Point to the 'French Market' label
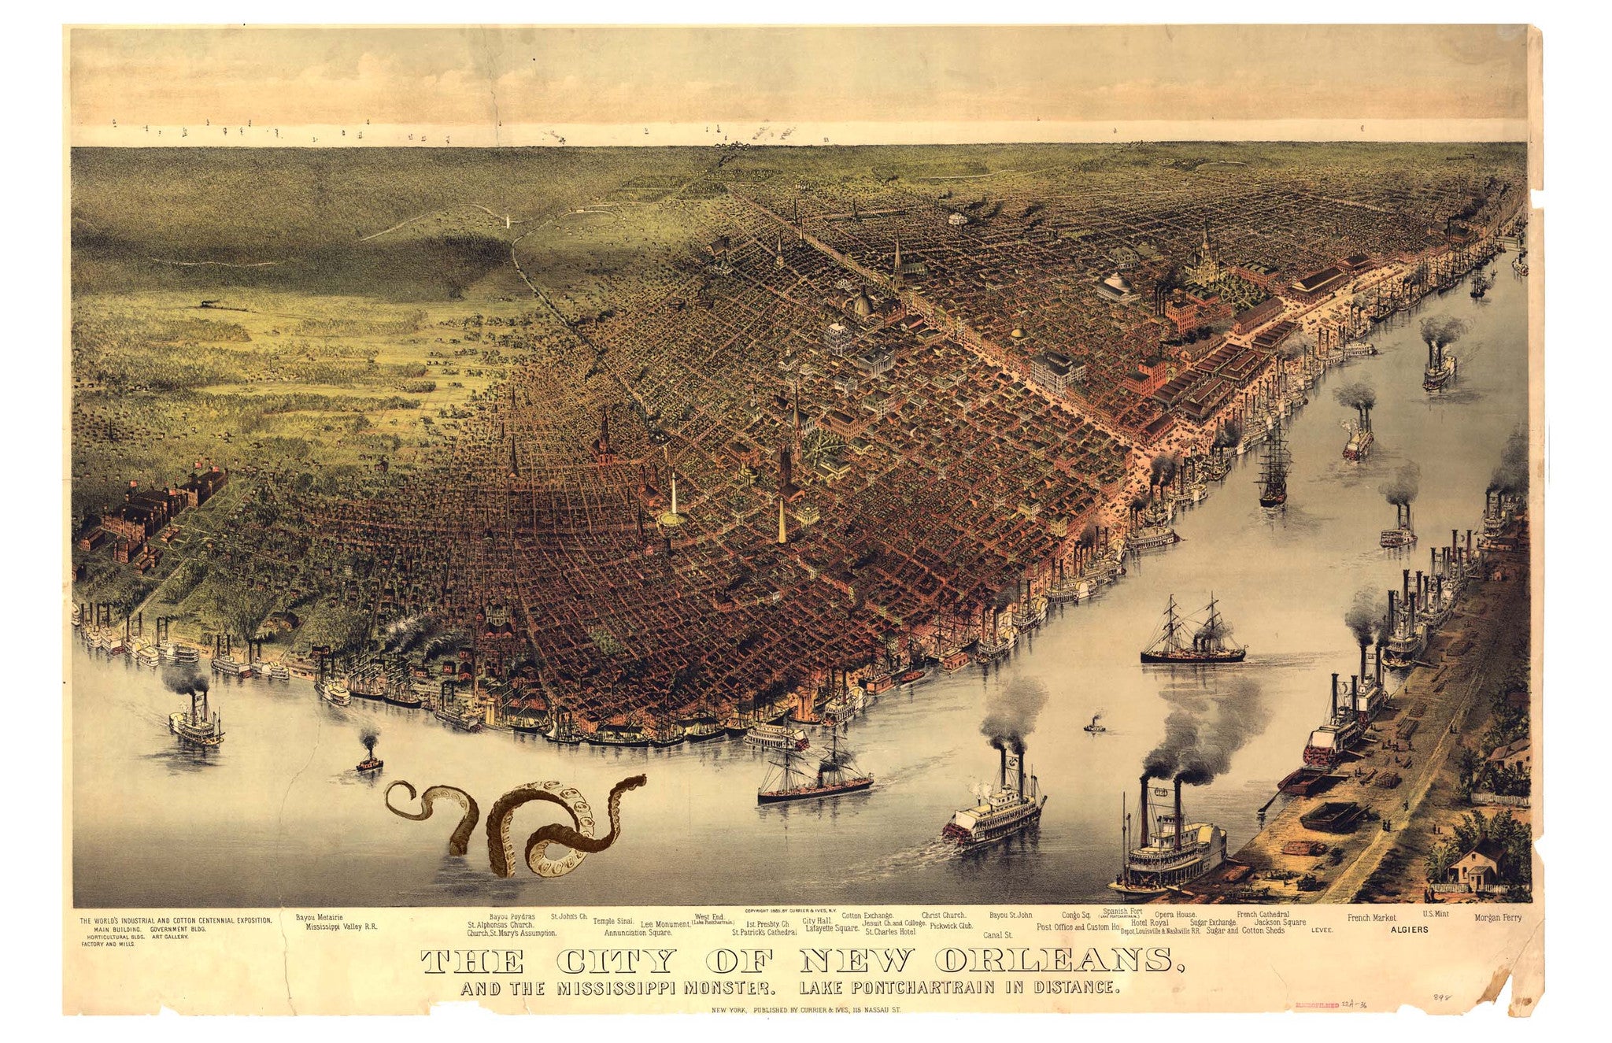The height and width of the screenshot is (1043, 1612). [1371, 918]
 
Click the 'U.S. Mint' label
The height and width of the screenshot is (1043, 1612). [1435, 914]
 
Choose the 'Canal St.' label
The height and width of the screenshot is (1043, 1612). [998, 936]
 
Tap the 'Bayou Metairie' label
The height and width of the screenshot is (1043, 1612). [319, 917]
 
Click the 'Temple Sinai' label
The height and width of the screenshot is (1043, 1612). [613, 920]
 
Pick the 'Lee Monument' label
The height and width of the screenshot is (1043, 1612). [665, 924]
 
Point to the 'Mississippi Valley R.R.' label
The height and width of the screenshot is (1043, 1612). [342, 927]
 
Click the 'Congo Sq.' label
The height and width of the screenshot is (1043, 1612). [1075, 915]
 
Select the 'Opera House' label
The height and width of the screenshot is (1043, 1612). [1176, 915]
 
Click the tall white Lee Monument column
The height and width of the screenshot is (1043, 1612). [673, 497]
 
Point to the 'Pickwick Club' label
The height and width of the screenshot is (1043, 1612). [951, 926]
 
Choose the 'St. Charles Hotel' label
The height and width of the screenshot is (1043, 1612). [889, 931]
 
